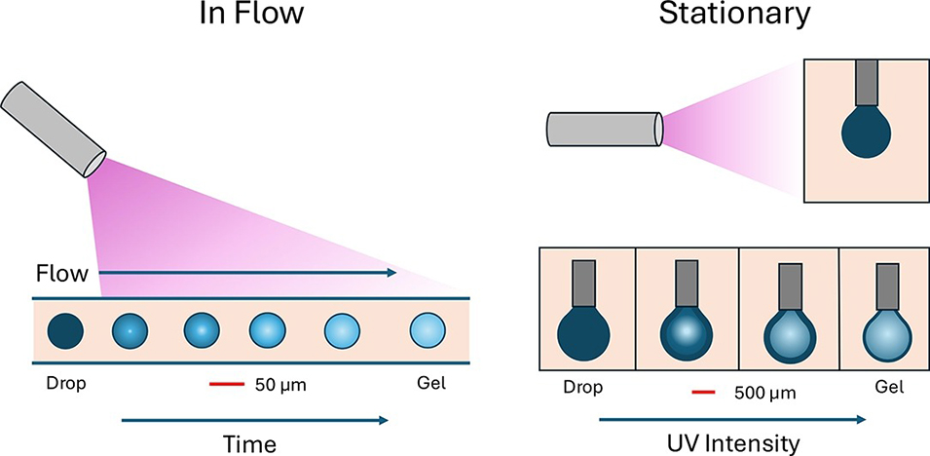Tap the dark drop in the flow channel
pos(66,331)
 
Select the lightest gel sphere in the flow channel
pos(426,331)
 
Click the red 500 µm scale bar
pos(703,393)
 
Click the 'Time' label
pos(252,443)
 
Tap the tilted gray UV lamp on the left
pos(55,128)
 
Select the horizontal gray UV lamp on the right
pos(604,130)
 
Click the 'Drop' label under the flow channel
pos(65,383)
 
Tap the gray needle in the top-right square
pos(865,82)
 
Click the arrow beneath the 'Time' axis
pos(255,420)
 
